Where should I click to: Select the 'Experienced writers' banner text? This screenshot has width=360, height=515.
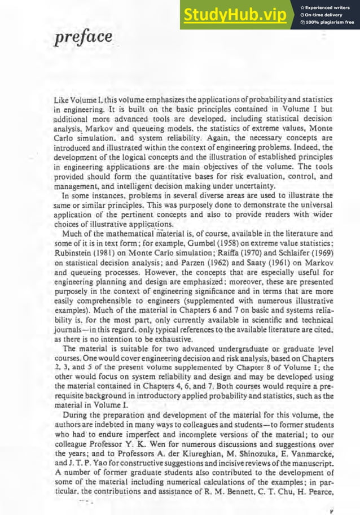click(x=330, y=7)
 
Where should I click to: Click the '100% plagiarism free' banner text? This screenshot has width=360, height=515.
click(x=330, y=23)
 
